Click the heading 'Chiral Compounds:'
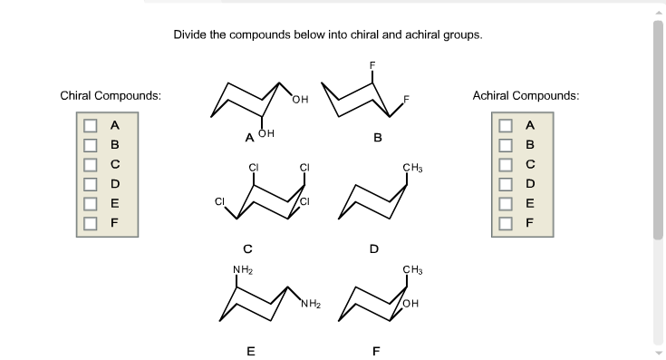pos(111,95)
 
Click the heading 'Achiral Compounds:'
pos(526,95)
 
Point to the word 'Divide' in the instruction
pos(191,35)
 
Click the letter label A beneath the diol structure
pos(248,138)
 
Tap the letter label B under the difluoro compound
pos(377,138)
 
